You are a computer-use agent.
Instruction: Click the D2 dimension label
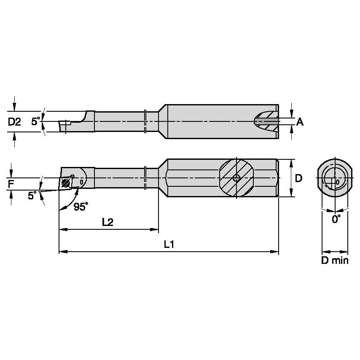[x=15, y=122]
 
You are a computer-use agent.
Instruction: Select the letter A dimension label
[x=300, y=122]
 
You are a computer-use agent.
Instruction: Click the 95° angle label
[x=81, y=207]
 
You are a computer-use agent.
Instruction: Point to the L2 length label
[x=107, y=222]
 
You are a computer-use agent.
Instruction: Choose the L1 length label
[x=169, y=244]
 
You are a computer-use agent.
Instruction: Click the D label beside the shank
[x=298, y=178]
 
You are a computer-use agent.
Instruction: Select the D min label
[x=335, y=261]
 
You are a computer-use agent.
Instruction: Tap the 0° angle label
[x=336, y=219]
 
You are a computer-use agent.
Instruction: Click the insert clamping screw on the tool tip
[x=65, y=183]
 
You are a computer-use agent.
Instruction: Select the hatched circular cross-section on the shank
[x=237, y=178]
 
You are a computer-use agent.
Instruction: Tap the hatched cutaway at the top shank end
[x=267, y=121]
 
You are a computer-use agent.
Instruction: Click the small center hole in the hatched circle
[x=237, y=178]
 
